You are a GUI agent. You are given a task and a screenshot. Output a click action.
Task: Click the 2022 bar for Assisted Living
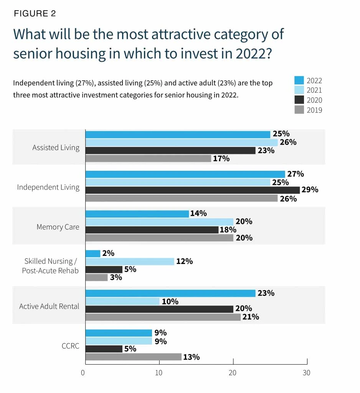point(178,134)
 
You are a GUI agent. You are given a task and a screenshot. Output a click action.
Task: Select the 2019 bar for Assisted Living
point(148,158)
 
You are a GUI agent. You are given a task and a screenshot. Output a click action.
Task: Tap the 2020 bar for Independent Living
point(192,190)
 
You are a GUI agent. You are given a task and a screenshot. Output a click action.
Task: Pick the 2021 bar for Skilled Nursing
point(130,261)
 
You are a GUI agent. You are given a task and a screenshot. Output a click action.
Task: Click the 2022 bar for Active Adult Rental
point(170,293)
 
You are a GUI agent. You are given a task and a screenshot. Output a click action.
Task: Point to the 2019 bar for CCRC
point(133,357)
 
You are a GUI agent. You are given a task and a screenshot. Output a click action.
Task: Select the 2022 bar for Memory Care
point(137,214)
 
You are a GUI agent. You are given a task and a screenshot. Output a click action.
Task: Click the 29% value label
point(310,190)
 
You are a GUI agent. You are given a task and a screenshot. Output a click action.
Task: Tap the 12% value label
point(184,261)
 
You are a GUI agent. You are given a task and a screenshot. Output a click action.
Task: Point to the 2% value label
point(109,253)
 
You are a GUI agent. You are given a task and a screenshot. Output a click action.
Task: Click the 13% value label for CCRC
point(191,357)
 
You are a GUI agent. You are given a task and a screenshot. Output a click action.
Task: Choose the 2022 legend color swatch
point(299,80)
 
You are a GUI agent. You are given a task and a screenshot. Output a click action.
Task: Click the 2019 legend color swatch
point(299,110)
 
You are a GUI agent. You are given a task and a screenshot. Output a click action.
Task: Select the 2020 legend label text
point(314,100)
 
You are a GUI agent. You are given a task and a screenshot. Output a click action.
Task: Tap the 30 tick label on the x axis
point(306,373)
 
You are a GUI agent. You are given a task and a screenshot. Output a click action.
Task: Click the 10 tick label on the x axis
point(158,373)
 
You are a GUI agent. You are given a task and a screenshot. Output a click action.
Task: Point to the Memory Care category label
point(58,227)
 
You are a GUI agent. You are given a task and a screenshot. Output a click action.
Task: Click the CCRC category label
point(70,346)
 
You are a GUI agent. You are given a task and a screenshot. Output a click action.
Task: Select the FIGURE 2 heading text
point(35,14)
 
